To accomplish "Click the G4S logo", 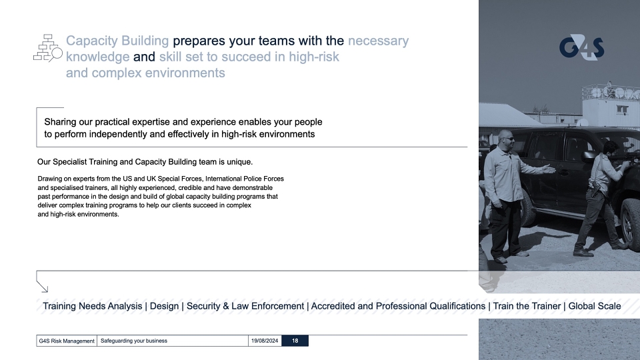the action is [x=581, y=48].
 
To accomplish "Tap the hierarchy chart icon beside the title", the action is [x=48, y=48].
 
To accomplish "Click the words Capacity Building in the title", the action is [x=117, y=41].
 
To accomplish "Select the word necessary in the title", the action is [x=379, y=41].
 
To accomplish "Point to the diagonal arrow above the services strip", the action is [x=43, y=287].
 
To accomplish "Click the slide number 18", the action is [x=295, y=341].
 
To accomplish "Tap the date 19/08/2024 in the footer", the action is [x=265, y=341].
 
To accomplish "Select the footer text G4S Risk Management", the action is [x=67, y=341].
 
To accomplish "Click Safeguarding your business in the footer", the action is [x=134, y=341].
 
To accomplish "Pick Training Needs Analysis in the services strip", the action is [x=93, y=306].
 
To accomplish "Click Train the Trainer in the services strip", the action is [x=527, y=306].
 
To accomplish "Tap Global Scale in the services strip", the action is [x=595, y=306].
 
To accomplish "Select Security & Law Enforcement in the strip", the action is [x=245, y=306].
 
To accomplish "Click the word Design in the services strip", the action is [x=165, y=306].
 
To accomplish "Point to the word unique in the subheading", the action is [x=239, y=162].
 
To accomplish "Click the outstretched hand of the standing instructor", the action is [x=548, y=168].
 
